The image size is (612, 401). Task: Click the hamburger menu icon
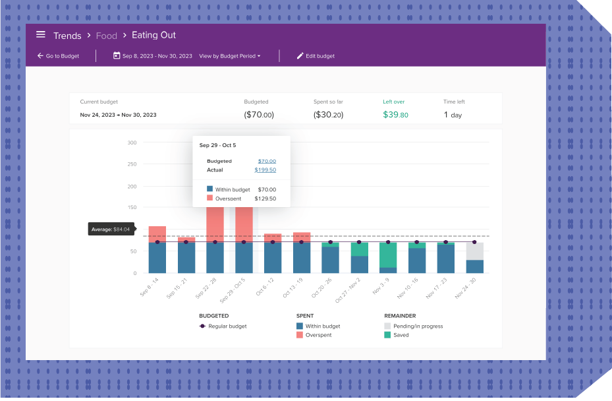tap(41, 35)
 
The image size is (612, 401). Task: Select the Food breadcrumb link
tap(106, 36)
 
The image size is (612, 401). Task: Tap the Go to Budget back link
tap(58, 56)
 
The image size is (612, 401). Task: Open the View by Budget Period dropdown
tap(229, 56)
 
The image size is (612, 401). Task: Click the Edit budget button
tap(316, 56)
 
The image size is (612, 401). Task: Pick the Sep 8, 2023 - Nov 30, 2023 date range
tap(153, 56)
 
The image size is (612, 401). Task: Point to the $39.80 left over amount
tap(395, 115)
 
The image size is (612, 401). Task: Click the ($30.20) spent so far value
tap(328, 115)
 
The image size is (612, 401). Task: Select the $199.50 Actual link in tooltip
tap(265, 170)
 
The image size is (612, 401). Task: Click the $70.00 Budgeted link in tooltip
tap(267, 161)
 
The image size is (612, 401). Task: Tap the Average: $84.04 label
tap(111, 230)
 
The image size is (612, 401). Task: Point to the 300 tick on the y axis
tap(132, 142)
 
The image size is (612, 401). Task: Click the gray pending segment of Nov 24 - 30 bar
tap(474, 251)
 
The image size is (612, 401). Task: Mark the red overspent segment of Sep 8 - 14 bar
tap(157, 234)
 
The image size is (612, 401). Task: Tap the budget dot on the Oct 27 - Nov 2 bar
tap(359, 242)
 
